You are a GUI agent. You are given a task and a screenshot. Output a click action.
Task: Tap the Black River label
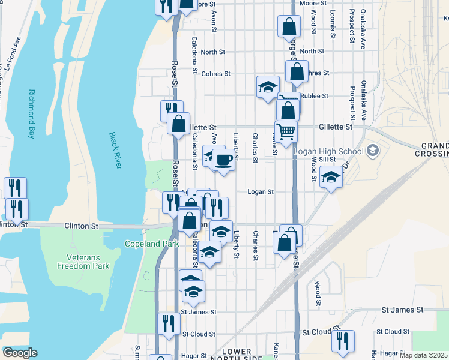click(x=115, y=150)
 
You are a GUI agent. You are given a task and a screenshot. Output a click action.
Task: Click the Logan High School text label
click(x=328, y=151)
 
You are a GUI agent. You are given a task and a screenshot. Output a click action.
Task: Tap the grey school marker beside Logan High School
click(x=373, y=149)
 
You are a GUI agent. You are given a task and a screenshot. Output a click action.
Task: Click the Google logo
click(x=20, y=353)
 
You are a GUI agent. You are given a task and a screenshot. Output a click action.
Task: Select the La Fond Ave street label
click(x=13, y=55)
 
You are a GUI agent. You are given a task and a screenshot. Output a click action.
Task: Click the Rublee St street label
click(x=314, y=95)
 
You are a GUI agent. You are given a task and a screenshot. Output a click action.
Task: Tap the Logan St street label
click(x=261, y=192)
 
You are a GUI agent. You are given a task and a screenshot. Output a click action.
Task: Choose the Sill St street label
click(x=327, y=159)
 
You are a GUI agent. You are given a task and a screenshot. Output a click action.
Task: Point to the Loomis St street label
click(x=331, y=24)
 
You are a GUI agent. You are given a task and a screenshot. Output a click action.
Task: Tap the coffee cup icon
click(x=223, y=160)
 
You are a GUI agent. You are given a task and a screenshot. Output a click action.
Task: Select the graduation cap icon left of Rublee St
click(x=268, y=86)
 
